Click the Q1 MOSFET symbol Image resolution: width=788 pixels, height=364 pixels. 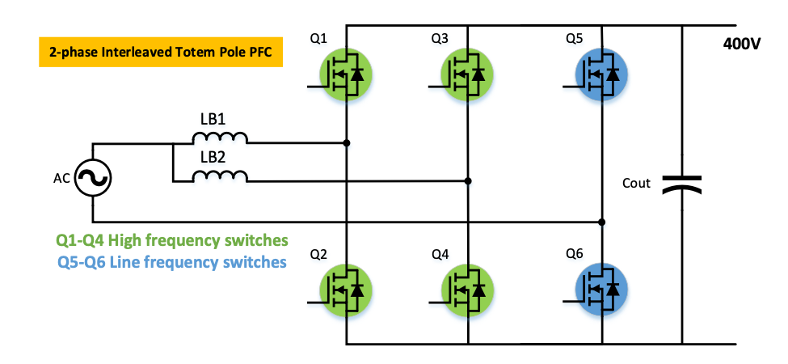[347, 74]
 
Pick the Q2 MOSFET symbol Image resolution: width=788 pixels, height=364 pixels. [347, 288]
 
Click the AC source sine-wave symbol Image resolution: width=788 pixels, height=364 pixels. [93, 179]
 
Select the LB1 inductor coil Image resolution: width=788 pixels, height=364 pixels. [221, 138]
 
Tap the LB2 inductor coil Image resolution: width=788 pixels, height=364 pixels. [221, 176]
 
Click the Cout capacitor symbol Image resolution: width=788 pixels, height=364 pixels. [683, 185]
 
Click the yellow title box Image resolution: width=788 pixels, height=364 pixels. [159, 52]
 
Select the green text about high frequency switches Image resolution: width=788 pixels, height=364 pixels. [171, 241]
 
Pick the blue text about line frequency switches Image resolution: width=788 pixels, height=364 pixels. [171, 262]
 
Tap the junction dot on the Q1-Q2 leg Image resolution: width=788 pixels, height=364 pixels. [347, 143]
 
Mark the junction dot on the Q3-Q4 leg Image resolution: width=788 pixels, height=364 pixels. [468, 180]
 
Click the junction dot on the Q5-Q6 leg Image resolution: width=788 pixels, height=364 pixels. [601, 221]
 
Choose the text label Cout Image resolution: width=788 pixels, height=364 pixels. [636, 184]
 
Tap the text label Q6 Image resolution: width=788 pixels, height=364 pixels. [575, 256]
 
